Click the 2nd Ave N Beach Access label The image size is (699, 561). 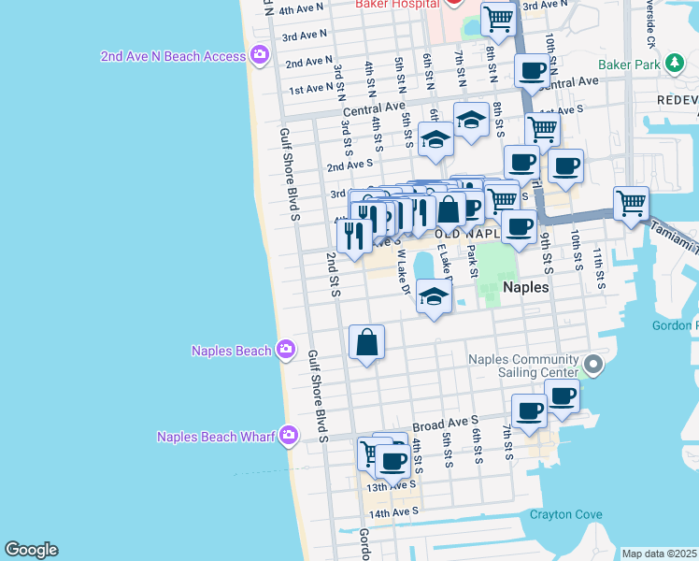(x=174, y=56)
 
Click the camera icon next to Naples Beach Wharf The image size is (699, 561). (x=290, y=435)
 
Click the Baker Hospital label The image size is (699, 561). (x=396, y=4)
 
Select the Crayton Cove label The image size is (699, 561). (x=565, y=514)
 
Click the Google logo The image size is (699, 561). (x=31, y=550)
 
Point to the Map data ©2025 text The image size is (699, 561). (x=659, y=554)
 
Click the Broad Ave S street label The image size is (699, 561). (x=445, y=423)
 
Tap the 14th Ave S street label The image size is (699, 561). (x=392, y=513)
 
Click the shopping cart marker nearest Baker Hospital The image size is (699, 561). (x=499, y=18)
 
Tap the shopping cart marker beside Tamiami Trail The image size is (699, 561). (x=632, y=202)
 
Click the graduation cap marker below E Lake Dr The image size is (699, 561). (x=433, y=297)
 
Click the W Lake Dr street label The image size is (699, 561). (x=404, y=271)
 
